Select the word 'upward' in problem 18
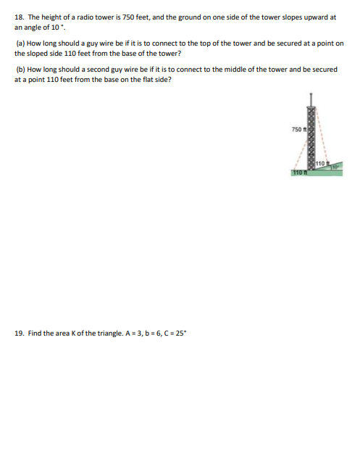[310, 15]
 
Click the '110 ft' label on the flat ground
[298, 173]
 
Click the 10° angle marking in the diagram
[337, 168]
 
